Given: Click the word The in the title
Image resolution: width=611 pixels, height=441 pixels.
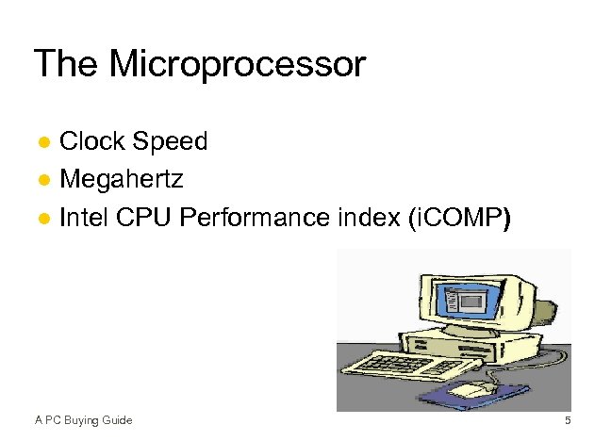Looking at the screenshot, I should (68, 65).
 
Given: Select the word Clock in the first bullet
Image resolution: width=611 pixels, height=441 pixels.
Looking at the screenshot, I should (93, 141).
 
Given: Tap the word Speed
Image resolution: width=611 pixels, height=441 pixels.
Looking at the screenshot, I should (170, 141).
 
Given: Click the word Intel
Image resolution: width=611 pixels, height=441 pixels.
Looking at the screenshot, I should (85, 219).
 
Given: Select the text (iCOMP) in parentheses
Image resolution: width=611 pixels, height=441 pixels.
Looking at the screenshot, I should (457, 219).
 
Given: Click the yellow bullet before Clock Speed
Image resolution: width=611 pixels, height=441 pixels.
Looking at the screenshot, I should (43, 143).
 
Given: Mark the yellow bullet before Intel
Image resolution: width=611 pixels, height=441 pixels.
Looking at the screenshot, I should (43, 220).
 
